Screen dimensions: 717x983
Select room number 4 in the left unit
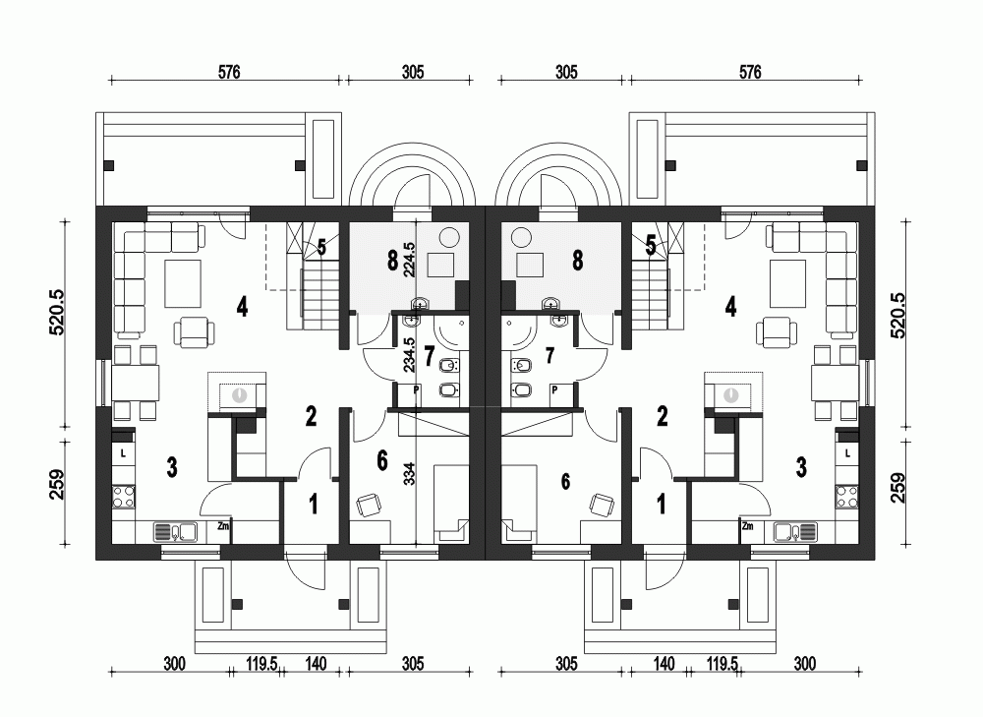coord(242,306)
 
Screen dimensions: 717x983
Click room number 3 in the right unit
coord(801,467)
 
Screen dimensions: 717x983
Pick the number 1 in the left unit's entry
coord(314,505)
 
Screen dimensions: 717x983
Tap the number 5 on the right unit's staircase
coord(651,246)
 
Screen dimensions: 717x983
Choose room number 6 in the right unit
coord(564,481)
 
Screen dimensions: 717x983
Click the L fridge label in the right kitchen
coord(846,453)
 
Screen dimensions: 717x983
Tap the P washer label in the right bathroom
coord(554,390)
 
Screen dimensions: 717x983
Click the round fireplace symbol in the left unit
coord(239,394)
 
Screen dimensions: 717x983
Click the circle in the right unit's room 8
coord(521,236)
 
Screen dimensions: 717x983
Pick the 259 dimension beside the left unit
coord(58,486)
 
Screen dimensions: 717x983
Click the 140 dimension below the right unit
coord(665,665)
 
